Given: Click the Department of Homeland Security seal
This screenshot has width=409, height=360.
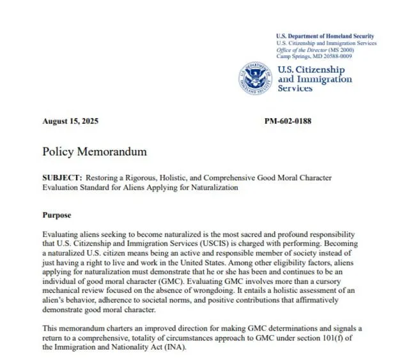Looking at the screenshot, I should tap(254, 79).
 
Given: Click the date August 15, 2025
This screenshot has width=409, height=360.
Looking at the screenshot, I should tap(70, 121).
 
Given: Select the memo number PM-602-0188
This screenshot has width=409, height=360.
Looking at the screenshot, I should tap(288, 121).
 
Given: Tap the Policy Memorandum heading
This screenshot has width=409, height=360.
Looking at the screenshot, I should tap(95, 152).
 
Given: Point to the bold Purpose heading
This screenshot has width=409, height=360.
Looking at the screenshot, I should tap(56, 215).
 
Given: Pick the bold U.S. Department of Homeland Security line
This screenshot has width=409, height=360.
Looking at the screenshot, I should tap(325, 36).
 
